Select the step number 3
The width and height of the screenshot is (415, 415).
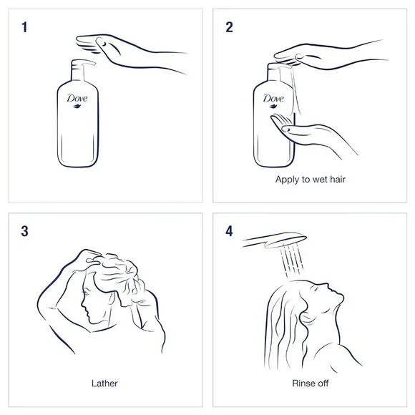(x=26, y=232)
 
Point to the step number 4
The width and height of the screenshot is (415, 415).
(x=230, y=232)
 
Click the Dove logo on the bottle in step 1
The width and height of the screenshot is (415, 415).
(x=75, y=101)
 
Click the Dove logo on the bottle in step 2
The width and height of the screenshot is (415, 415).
(x=273, y=100)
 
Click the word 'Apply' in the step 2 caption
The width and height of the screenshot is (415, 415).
(x=288, y=180)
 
